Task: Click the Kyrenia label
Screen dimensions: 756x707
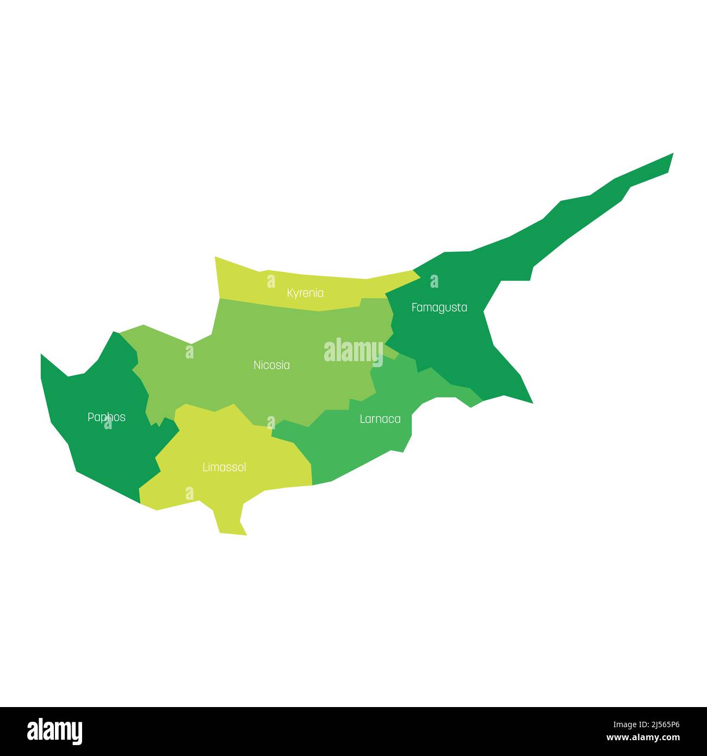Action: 305,293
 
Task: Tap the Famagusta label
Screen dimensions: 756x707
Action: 439,307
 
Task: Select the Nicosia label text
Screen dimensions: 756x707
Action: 271,365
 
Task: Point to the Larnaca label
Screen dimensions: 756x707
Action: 380,419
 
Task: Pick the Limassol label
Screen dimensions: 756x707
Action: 224,467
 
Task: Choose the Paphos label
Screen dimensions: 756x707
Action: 107,417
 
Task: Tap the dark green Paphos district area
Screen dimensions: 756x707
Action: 98,446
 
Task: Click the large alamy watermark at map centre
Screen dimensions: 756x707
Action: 353,350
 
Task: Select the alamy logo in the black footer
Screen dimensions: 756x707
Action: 55,732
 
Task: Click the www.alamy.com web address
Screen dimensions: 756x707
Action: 643,738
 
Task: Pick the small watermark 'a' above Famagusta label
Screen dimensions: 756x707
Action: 434,281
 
